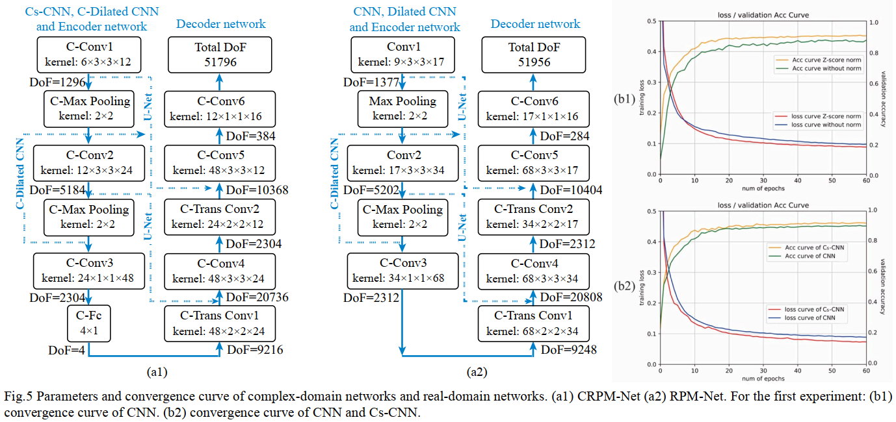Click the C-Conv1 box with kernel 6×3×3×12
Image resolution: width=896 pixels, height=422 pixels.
pyautogui.click(x=88, y=54)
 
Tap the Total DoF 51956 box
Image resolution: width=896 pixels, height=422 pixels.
pyautogui.click(x=534, y=54)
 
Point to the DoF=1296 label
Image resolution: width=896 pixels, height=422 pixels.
pyautogui.click(x=57, y=82)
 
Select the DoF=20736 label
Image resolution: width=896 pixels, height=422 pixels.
pyautogui.click(x=258, y=297)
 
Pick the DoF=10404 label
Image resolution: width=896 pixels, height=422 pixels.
pyautogui.click(x=572, y=190)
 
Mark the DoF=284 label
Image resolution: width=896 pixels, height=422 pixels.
pyautogui.click(x=565, y=136)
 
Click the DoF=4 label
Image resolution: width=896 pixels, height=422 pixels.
pyautogui.click(x=67, y=351)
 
